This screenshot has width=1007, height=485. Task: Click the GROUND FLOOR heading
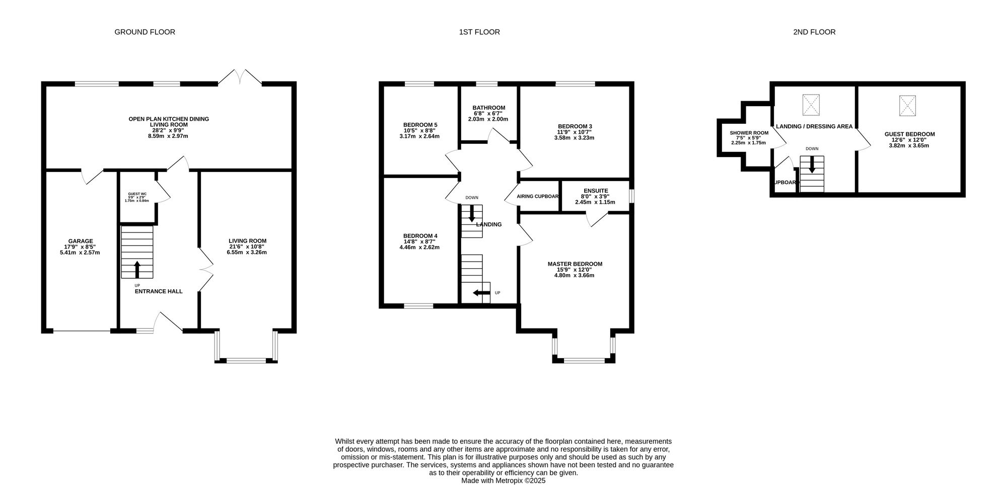pyautogui.click(x=145, y=32)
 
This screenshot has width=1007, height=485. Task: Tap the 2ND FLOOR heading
pyautogui.click(x=814, y=32)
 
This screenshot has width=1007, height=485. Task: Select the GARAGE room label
pyautogui.click(x=81, y=241)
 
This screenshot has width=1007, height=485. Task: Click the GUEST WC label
pyautogui.click(x=137, y=194)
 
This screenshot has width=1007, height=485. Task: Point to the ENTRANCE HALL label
pyautogui.click(x=159, y=291)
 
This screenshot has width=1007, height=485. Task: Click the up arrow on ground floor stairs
pyautogui.click(x=137, y=269)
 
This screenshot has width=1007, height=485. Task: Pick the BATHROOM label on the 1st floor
pyautogui.click(x=489, y=108)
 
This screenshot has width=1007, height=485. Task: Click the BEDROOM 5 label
pyautogui.click(x=420, y=125)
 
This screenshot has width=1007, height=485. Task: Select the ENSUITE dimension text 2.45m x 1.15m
pyautogui.click(x=595, y=202)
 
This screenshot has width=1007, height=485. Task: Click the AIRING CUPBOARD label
pyautogui.click(x=538, y=196)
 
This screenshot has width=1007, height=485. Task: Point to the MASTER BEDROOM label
pyautogui.click(x=575, y=264)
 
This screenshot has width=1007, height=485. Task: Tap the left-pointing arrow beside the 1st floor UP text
pyautogui.click(x=482, y=293)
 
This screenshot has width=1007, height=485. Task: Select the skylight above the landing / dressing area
pyautogui.click(x=811, y=105)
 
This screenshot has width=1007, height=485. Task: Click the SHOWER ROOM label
pyautogui.click(x=749, y=133)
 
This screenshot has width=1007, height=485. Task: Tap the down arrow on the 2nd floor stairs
pyautogui.click(x=812, y=165)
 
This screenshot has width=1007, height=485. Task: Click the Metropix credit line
pyautogui.click(x=503, y=481)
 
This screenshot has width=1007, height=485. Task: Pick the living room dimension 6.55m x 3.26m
pyautogui.click(x=247, y=253)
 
